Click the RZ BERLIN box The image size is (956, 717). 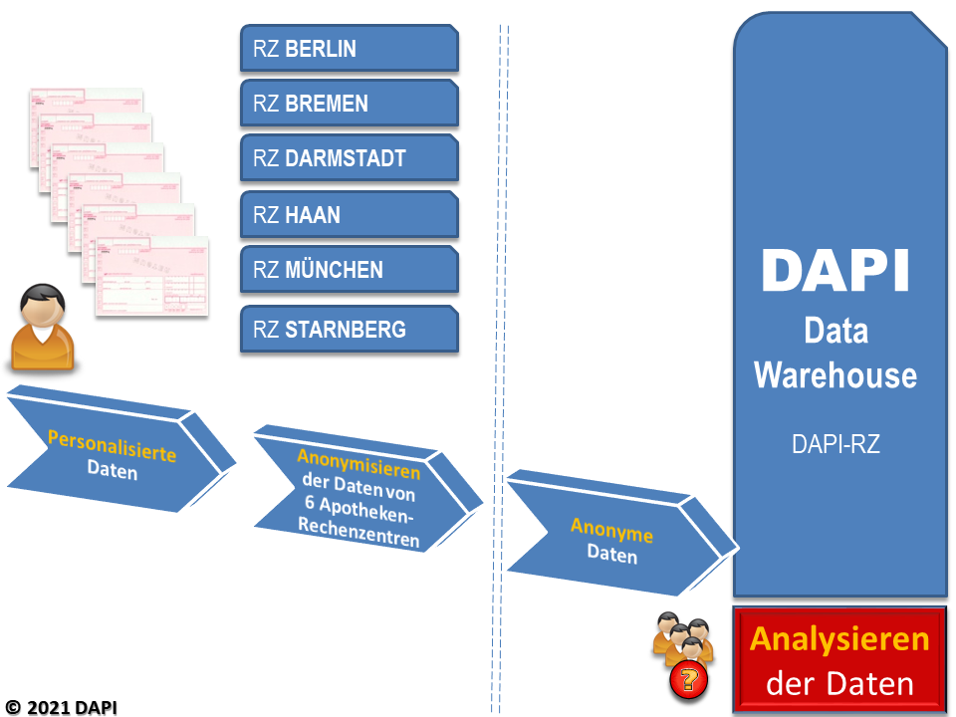[x=350, y=48]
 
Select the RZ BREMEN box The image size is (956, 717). [x=350, y=103]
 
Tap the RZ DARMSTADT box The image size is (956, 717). [x=350, y=158]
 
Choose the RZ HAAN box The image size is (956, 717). [x=350, y=215]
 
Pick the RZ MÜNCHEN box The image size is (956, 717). [x=350, y=270]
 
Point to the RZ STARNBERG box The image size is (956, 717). [x=350, y=330]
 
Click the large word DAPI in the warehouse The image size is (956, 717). [x=836, y=271]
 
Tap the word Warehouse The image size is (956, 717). [x=836, y=375]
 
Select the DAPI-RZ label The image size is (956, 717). [x=836, y=444]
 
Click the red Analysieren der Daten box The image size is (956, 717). [x=839, y=659]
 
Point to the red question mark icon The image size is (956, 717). [x=689, y=680]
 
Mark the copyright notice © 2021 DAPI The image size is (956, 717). [x=61, y=707]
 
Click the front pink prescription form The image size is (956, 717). [x=151, y=277]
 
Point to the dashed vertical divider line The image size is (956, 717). [x=500, y=368]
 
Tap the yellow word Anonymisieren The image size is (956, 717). [x=358, y=464]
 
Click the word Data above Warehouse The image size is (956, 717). [x=836, y=331]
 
